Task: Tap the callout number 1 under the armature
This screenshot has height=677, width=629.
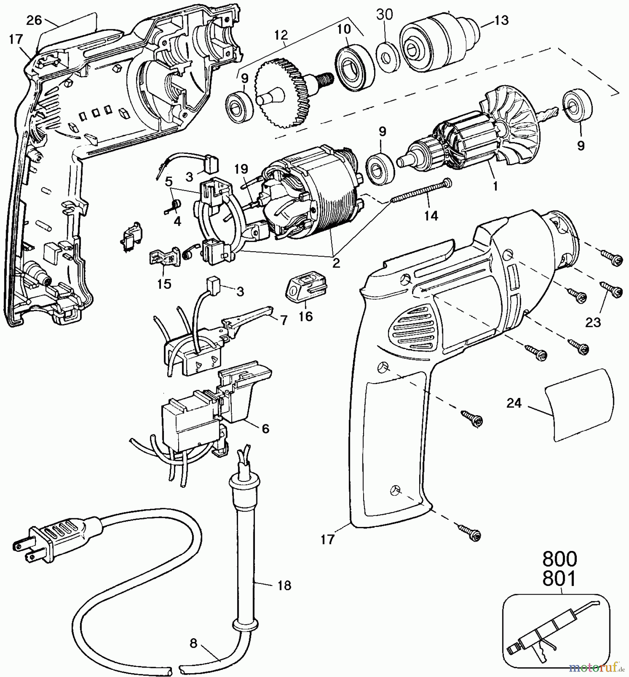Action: click(496, 185)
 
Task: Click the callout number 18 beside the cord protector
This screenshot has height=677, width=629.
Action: click(285, 585)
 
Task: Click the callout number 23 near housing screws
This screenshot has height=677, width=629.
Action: click(593, 322)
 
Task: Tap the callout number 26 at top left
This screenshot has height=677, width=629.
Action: click(34, 20)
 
